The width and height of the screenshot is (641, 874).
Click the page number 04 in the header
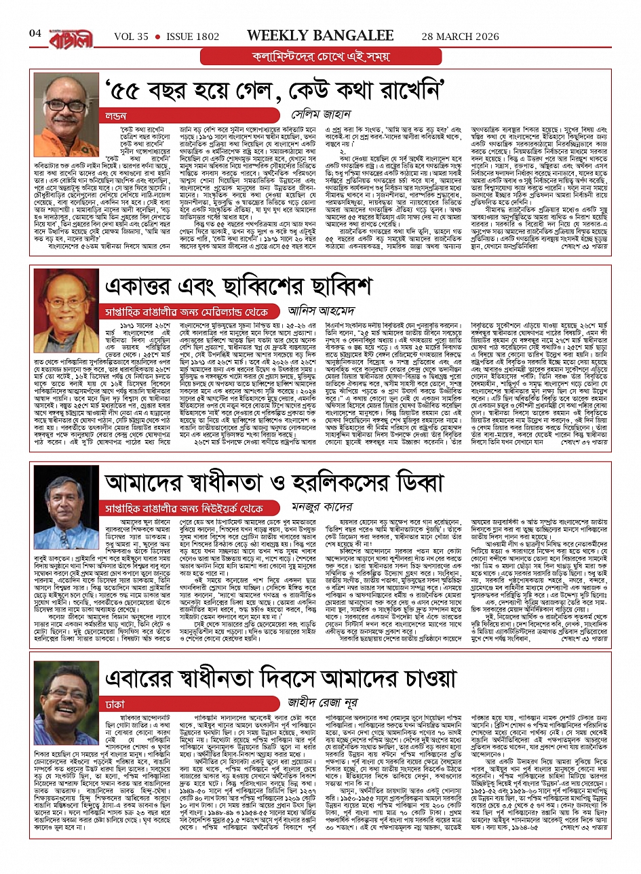(x=36, y=33)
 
